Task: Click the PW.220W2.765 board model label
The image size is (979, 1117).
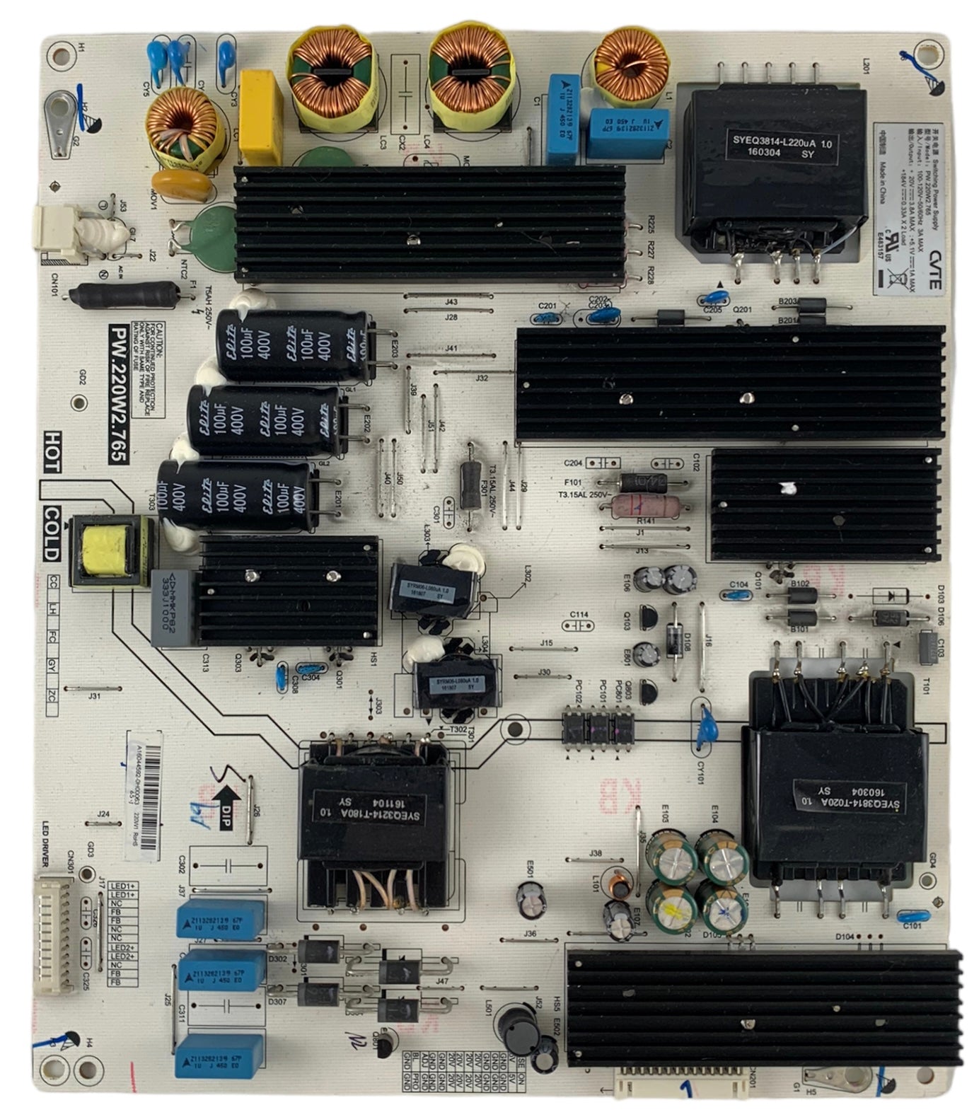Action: tap(117, 393)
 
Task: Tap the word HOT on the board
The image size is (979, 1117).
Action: tap(51, 453)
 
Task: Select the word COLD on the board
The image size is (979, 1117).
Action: tap(52, 533)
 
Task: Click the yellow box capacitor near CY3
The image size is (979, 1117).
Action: tap(260, 116)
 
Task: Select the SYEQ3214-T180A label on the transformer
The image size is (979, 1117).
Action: tap(351, 809)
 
